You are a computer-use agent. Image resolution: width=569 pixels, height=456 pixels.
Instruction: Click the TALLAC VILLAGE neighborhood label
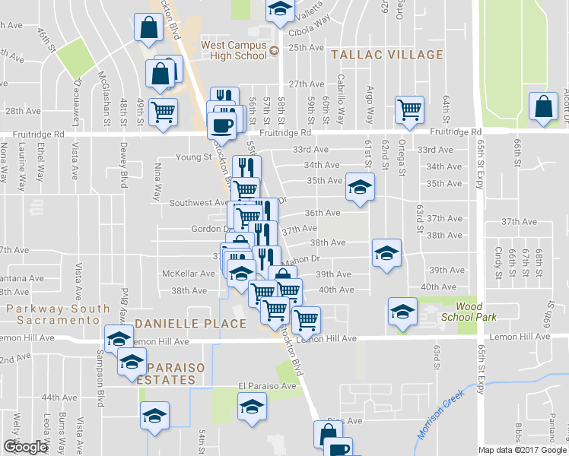[386, 55]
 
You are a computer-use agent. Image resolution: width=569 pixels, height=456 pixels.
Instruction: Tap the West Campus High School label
[234, 50]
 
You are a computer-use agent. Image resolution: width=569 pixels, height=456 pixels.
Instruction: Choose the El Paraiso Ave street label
[266, 385]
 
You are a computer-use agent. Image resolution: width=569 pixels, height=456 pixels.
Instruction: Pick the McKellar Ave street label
[189, 274]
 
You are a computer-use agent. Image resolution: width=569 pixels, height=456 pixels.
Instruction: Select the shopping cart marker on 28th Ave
[163, 111]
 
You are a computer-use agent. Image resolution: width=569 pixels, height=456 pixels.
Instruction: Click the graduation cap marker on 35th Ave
[361, 188]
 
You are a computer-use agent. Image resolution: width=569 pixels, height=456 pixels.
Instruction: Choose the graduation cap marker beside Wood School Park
[402, 311]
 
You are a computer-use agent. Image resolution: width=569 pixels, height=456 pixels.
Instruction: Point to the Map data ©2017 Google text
[522, 450]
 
